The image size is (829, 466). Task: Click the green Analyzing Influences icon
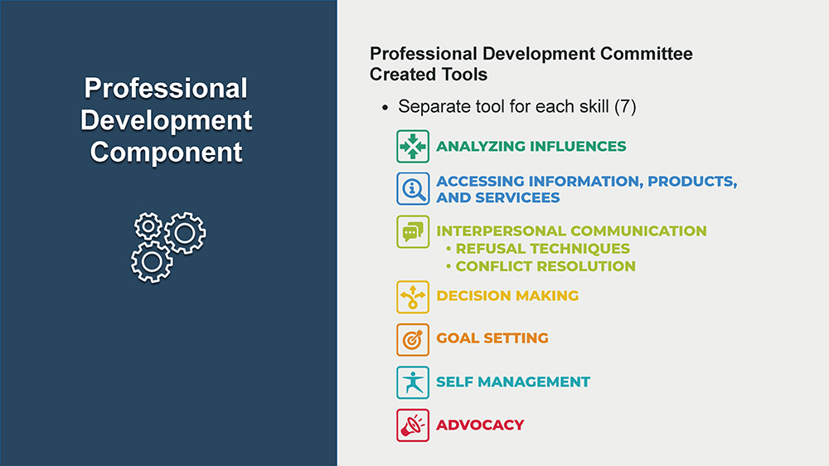click(413, 146)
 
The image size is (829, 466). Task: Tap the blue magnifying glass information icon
click(413, 188)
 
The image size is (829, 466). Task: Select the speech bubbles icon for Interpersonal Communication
click(413, 231)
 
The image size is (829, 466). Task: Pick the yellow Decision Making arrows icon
click(413, 297)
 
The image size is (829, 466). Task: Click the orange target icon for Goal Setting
click(413, 340)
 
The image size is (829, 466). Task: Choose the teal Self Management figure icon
click(413, 382)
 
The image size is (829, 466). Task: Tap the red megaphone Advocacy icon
click(413, 425)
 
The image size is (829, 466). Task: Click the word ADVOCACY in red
click(480, 425)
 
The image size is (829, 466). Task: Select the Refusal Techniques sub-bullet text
click(542, 249)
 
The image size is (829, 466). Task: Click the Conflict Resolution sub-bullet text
click(545, 266)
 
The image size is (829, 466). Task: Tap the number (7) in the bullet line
click(625, 107)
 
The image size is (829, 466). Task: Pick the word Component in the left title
click(166, 152)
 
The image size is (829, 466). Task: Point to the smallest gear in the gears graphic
click(148, 226)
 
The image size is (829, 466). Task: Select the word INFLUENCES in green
click(578, 146)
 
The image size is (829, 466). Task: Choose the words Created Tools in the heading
click(429, 75)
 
